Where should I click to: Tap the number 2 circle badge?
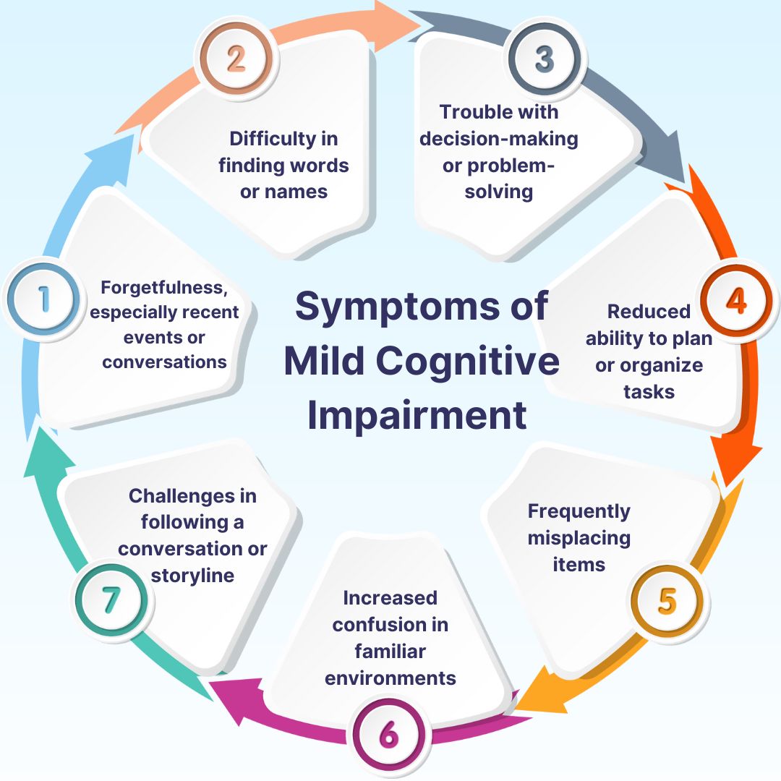click(x=236, y=59)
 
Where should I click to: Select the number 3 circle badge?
click(x=544, y=59)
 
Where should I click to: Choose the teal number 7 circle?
click(x=110, y=600)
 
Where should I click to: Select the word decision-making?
click(x=499, y=138)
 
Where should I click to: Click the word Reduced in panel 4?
click(x=649, y=311)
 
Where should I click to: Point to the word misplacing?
click(x=579, y=537)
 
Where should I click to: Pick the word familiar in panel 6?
click(x=390, y=651)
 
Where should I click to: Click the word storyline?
click(x=192, y=575)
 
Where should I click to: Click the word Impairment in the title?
click(x=417, y=416)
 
